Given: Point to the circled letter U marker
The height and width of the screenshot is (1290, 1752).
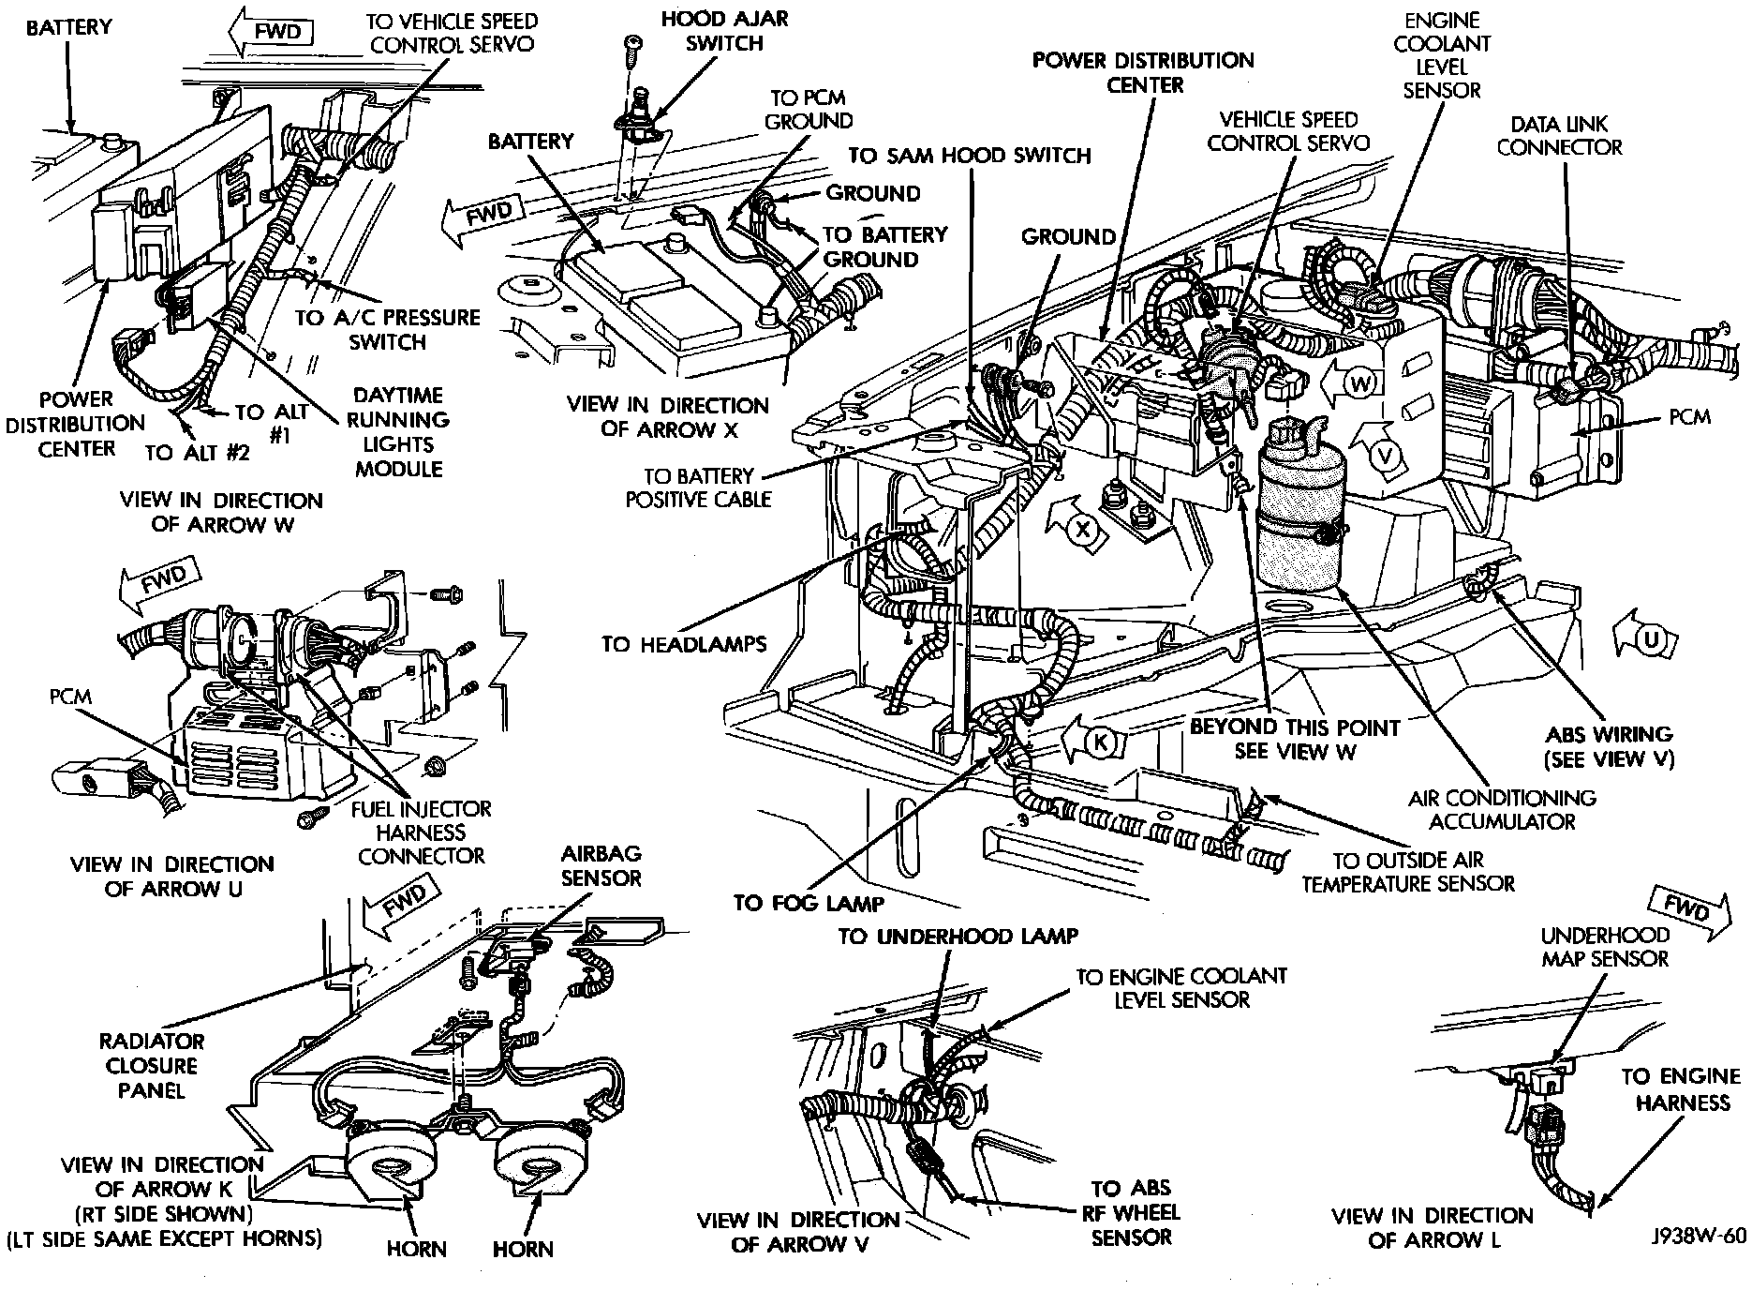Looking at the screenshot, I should (x=1651, y=639).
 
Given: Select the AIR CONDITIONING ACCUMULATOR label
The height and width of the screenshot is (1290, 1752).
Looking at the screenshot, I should (x=1502, y=809).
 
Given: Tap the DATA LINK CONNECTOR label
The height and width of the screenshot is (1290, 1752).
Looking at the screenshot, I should (x=1559, y=135).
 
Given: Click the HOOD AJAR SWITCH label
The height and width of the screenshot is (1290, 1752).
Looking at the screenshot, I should (x=724, y=30).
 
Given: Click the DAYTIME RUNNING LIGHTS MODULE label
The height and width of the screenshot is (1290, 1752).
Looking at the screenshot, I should (x=398, y=432).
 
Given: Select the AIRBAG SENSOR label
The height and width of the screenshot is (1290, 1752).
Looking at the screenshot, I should (x=601, y=865).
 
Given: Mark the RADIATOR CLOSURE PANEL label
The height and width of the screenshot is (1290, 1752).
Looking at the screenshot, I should (x=151, y=1065).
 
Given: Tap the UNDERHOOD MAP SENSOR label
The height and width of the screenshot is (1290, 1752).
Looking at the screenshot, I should (x=1605, y=947).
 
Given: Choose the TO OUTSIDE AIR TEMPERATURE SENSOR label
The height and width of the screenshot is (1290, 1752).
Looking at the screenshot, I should (x=1408, y=872).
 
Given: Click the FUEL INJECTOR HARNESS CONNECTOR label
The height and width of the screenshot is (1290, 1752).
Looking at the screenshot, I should (x=422, y=832).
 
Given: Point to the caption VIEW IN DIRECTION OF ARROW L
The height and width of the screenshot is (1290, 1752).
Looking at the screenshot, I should (x=1433, y=1228).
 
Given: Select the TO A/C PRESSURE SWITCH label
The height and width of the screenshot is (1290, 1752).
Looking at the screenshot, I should (x=387, y=329).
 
